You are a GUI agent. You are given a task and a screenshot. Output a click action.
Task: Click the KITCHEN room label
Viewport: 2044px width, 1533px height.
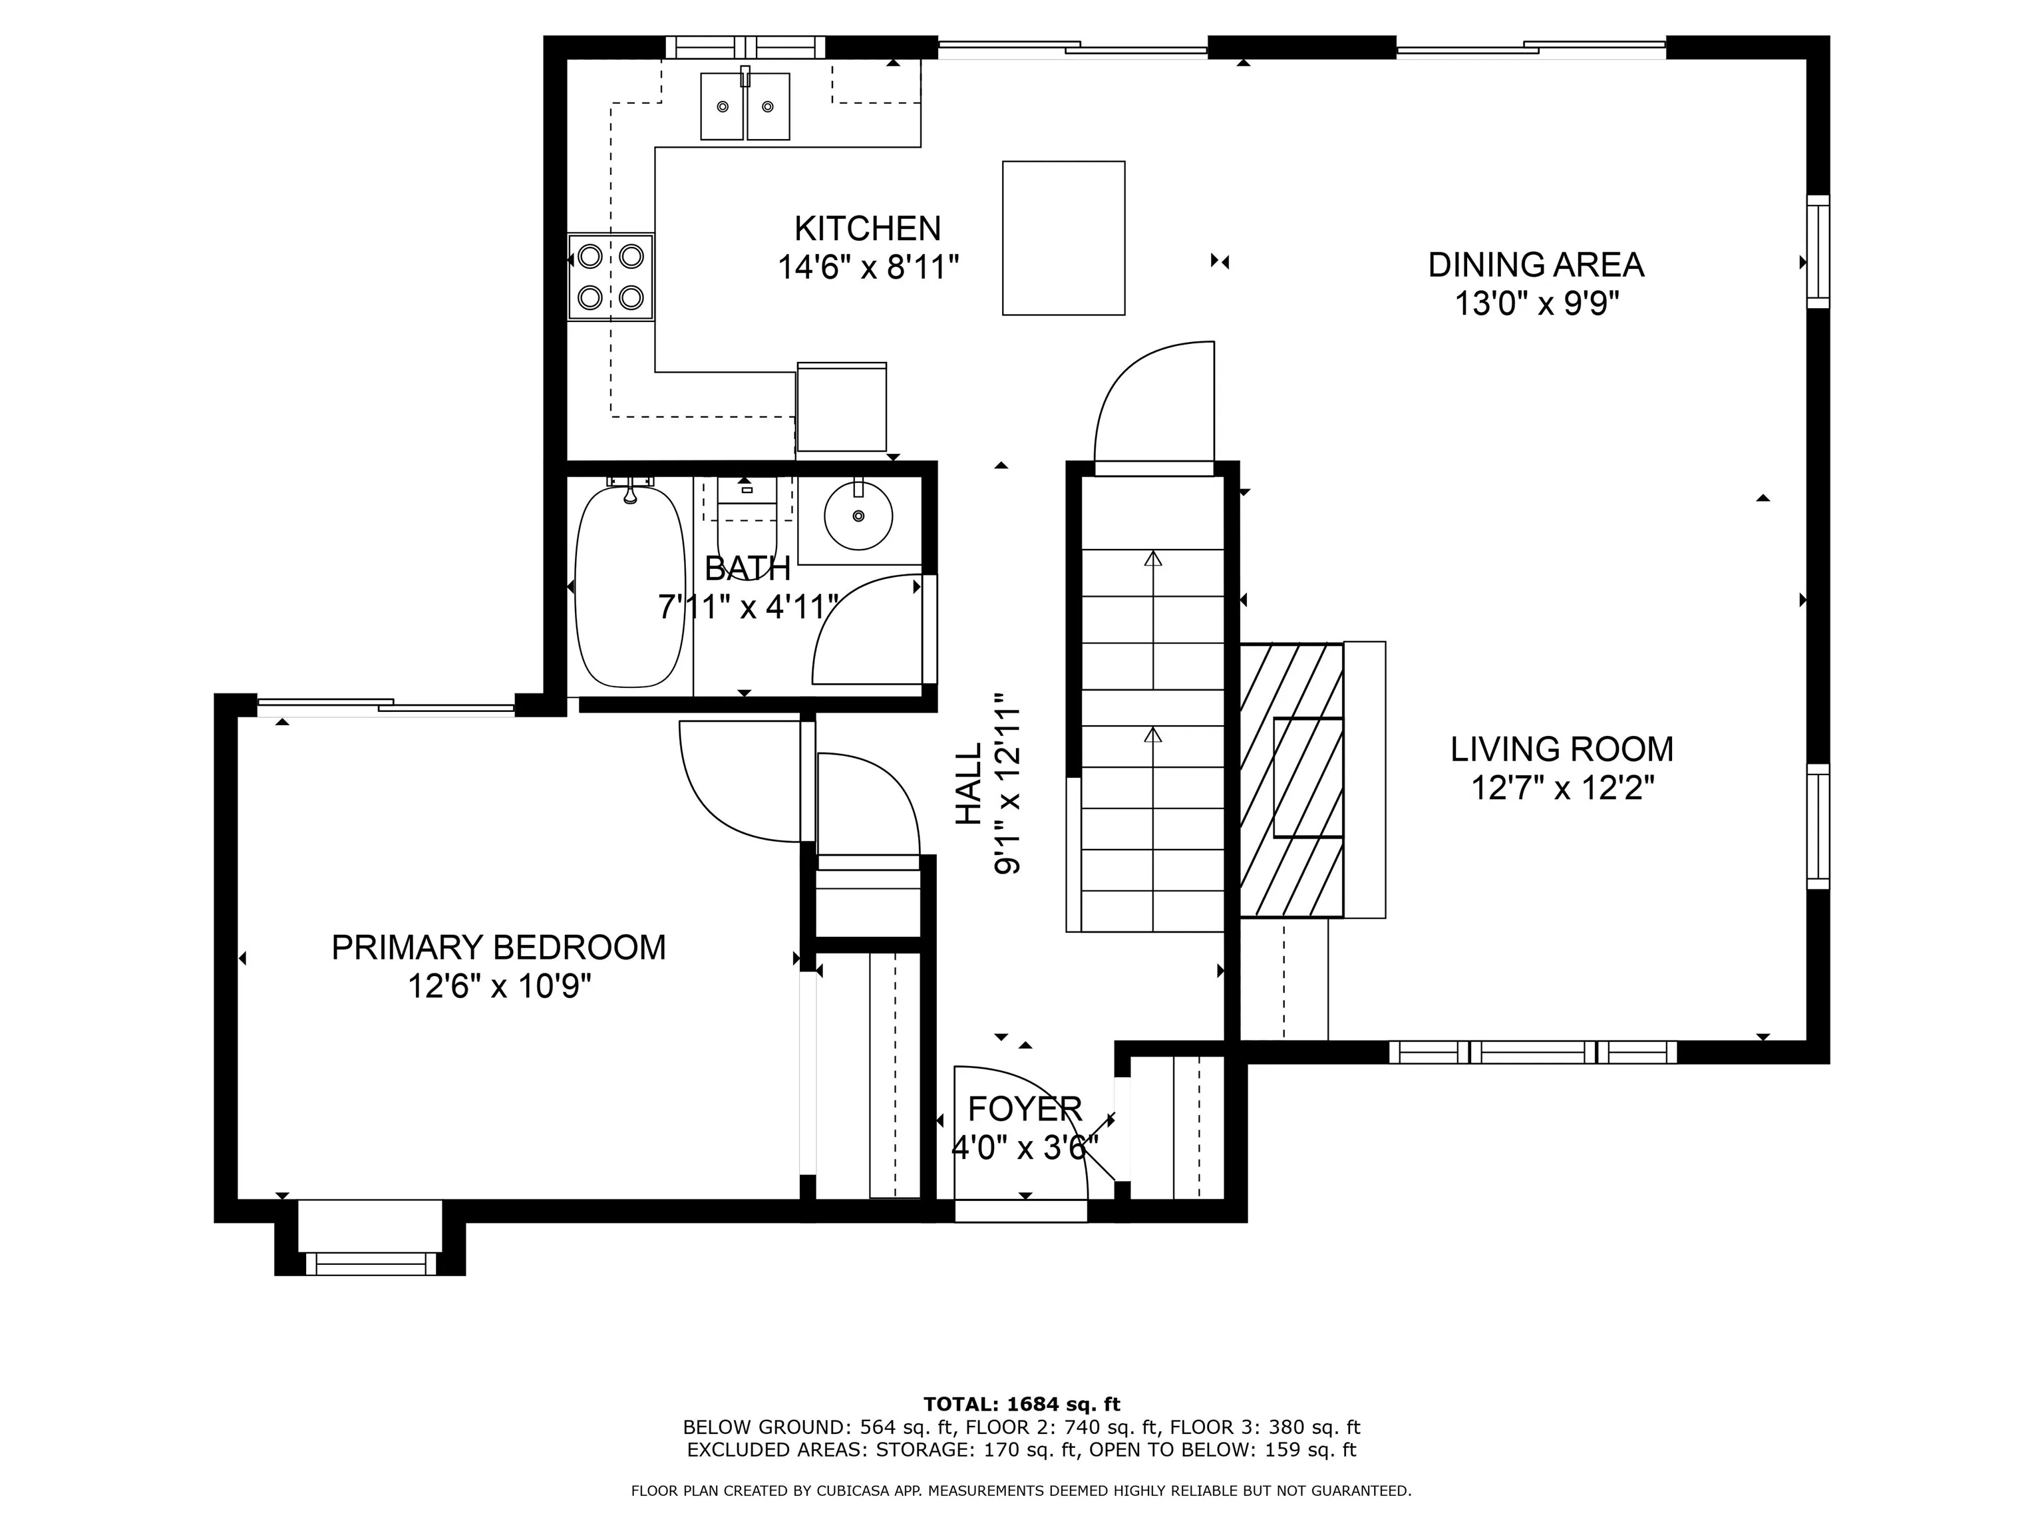point(868,228)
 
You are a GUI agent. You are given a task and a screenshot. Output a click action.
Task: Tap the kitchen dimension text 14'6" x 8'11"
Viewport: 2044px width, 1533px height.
point(868,268)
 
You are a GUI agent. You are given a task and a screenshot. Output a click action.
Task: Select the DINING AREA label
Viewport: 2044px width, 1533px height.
point(1536,265)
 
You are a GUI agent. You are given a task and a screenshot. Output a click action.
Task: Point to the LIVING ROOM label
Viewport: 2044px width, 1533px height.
point(1562,749)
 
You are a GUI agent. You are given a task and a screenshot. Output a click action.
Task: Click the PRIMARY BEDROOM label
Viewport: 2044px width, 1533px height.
point(499,948)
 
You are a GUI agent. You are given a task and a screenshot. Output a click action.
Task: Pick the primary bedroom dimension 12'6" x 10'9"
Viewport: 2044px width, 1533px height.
point(499,987)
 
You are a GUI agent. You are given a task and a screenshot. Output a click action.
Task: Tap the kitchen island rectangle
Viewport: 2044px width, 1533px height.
point(1063,238)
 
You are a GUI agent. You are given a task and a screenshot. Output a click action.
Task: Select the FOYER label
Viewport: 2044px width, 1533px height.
point(1025,1108)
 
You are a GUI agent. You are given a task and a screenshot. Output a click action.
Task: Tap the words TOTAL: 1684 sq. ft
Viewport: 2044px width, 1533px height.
point(1022,1405)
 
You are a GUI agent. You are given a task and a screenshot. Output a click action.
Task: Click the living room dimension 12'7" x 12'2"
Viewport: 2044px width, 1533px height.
point(1562,789)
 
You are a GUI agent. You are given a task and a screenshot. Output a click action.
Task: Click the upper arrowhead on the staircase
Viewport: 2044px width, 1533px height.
point(1153,558)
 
